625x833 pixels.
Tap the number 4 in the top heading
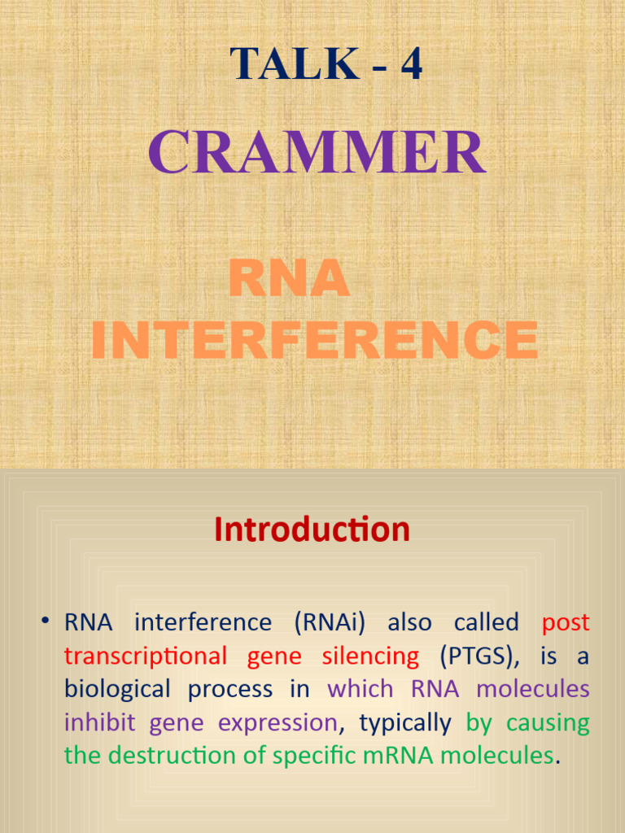point(411,63)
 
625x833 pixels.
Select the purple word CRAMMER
point(317,153)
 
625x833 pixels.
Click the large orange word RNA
point(289,278)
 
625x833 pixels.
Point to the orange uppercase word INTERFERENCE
point(314,340)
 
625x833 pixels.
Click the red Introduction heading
point(312,530)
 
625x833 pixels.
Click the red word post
point(566,623)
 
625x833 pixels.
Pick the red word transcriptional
point(146,656)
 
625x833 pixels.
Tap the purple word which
point(360,690)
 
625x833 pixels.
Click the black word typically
point(404,723)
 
